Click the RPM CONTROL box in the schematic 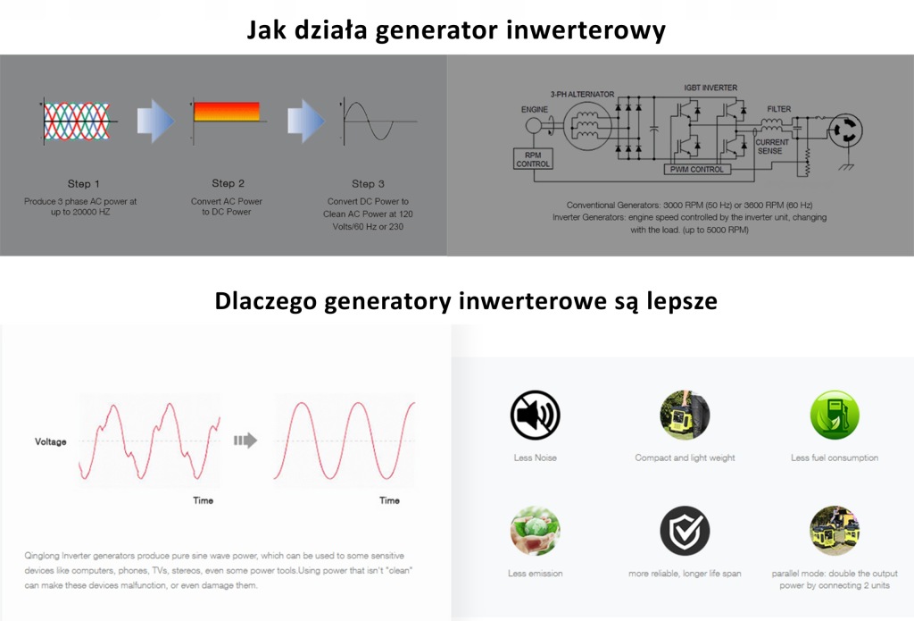coord(533,159)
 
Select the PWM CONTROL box coord(696,169)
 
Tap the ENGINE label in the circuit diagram coord(534,109)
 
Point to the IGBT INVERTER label coord(710,88)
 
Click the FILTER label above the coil coord(778,109)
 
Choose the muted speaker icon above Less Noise coord(536,415)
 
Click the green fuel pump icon coord(835,415)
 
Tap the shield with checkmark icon coord(685,531)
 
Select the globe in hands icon coord(536,531)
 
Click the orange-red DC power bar coord(227,112)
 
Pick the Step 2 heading coord(228,183)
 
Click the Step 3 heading coord(368,184)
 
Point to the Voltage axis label coord(51,441)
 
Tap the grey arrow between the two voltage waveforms coord(245,441)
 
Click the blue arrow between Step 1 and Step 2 coord(155,122)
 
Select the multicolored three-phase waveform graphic coord(77,122)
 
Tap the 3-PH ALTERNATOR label coord(582,94)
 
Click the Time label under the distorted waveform coord(203,500)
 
